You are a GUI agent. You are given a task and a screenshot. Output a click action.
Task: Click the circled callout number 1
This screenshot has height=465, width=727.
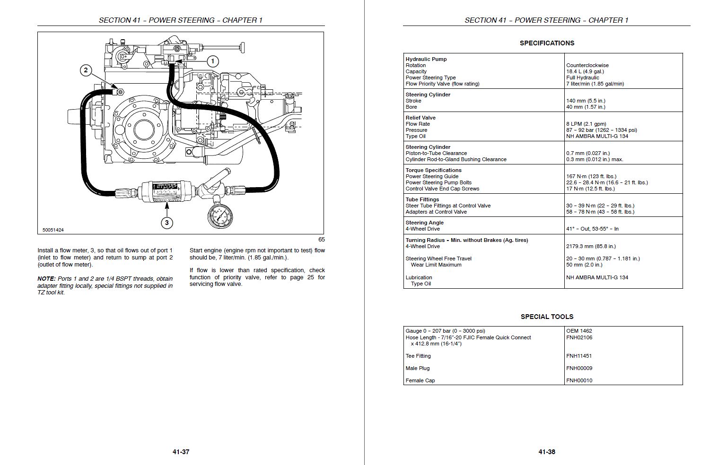coord(212,61)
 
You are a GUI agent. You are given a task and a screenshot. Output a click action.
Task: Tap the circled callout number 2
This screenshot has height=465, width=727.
coord(86,70)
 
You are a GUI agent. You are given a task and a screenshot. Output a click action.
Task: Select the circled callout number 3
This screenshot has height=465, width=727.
coord(167,223)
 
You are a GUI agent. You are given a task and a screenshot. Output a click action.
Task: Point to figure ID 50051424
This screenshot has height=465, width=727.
coord(53,230)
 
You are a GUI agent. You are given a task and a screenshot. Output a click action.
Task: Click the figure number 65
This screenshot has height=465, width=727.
coord(321,239)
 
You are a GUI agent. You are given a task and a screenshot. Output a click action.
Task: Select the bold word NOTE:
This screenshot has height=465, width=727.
coord(47,278)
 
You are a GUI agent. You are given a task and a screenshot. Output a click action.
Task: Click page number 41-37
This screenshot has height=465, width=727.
coord(181,452)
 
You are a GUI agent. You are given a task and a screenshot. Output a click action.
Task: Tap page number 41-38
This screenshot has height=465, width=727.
coord(547,452)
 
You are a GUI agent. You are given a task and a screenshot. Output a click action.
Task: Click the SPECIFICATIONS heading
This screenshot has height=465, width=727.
coord(547,43)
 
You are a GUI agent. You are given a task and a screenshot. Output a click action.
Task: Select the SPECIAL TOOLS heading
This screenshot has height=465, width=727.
coord(547,317)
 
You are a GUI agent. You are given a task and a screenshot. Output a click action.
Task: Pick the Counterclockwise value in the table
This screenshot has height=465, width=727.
coord(587,65)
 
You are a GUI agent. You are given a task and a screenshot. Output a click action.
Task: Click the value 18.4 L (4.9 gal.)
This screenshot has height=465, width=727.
coord(585,71)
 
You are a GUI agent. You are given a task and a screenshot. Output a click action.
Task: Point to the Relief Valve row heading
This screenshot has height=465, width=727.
coord(420,118)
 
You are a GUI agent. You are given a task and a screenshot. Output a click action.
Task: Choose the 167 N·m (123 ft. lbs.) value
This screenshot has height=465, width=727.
coord(591,176)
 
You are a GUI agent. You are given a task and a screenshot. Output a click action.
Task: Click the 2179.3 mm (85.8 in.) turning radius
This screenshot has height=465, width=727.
coord(591,246)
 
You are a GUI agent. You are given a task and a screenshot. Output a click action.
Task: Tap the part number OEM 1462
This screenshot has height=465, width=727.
coord(579,331)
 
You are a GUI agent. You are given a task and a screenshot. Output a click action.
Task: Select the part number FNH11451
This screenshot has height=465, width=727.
coord(579,356)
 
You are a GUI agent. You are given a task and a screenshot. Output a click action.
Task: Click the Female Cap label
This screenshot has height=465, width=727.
coord(420,380)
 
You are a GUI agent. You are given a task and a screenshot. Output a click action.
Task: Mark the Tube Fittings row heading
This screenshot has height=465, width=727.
coord(422,199)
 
